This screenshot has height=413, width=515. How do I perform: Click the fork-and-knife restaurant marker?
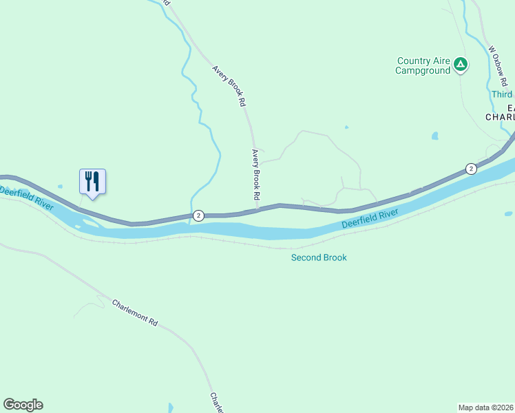(x=92, y=182)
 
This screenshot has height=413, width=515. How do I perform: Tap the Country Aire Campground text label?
(x=423, y=65)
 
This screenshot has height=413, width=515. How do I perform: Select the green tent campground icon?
(x=461, y=65)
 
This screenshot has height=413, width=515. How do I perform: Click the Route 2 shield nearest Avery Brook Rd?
(x=198, y=215)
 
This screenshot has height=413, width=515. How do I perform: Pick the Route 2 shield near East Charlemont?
(x=470, y=169)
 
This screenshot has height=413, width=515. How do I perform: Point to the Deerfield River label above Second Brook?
(x=370, y=220)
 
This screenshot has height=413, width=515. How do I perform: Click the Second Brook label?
(x=319, y=257)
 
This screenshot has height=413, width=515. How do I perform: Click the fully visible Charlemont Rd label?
(x=135, y=313)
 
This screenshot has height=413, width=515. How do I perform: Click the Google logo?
(x=23, y=405)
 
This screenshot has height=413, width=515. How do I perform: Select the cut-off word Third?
(x=502, y=94)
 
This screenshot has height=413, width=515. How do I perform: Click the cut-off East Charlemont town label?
(x=501, y=113)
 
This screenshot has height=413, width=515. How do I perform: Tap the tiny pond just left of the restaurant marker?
(x=61, y=187)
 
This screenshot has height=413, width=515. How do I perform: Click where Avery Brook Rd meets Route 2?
(x=258, y=209)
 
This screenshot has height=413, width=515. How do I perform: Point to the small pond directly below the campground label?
(x=434, y=136)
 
